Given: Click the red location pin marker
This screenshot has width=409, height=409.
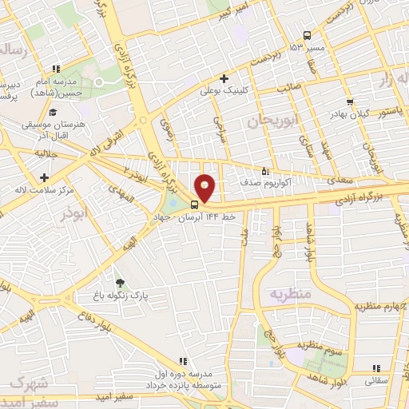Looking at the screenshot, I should tap(205, 189).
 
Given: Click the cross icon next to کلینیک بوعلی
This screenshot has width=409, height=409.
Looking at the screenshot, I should tap(224, 78).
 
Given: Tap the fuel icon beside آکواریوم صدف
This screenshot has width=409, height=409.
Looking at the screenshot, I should tap(267, 170).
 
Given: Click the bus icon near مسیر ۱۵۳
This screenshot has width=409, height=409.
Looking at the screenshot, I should tap(308, 34).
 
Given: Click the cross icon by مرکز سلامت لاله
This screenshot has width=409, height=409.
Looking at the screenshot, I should tap(44, 177).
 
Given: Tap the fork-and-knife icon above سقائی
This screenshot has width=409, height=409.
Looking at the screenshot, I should tap(375, 368).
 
